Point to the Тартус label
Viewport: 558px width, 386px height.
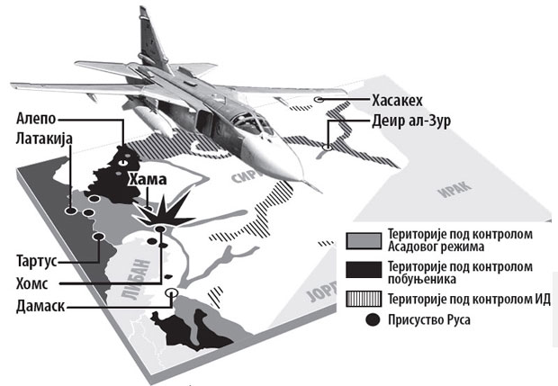(37, 259)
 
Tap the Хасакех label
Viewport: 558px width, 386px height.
(399, 99)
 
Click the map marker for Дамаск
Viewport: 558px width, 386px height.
(172, 292)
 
